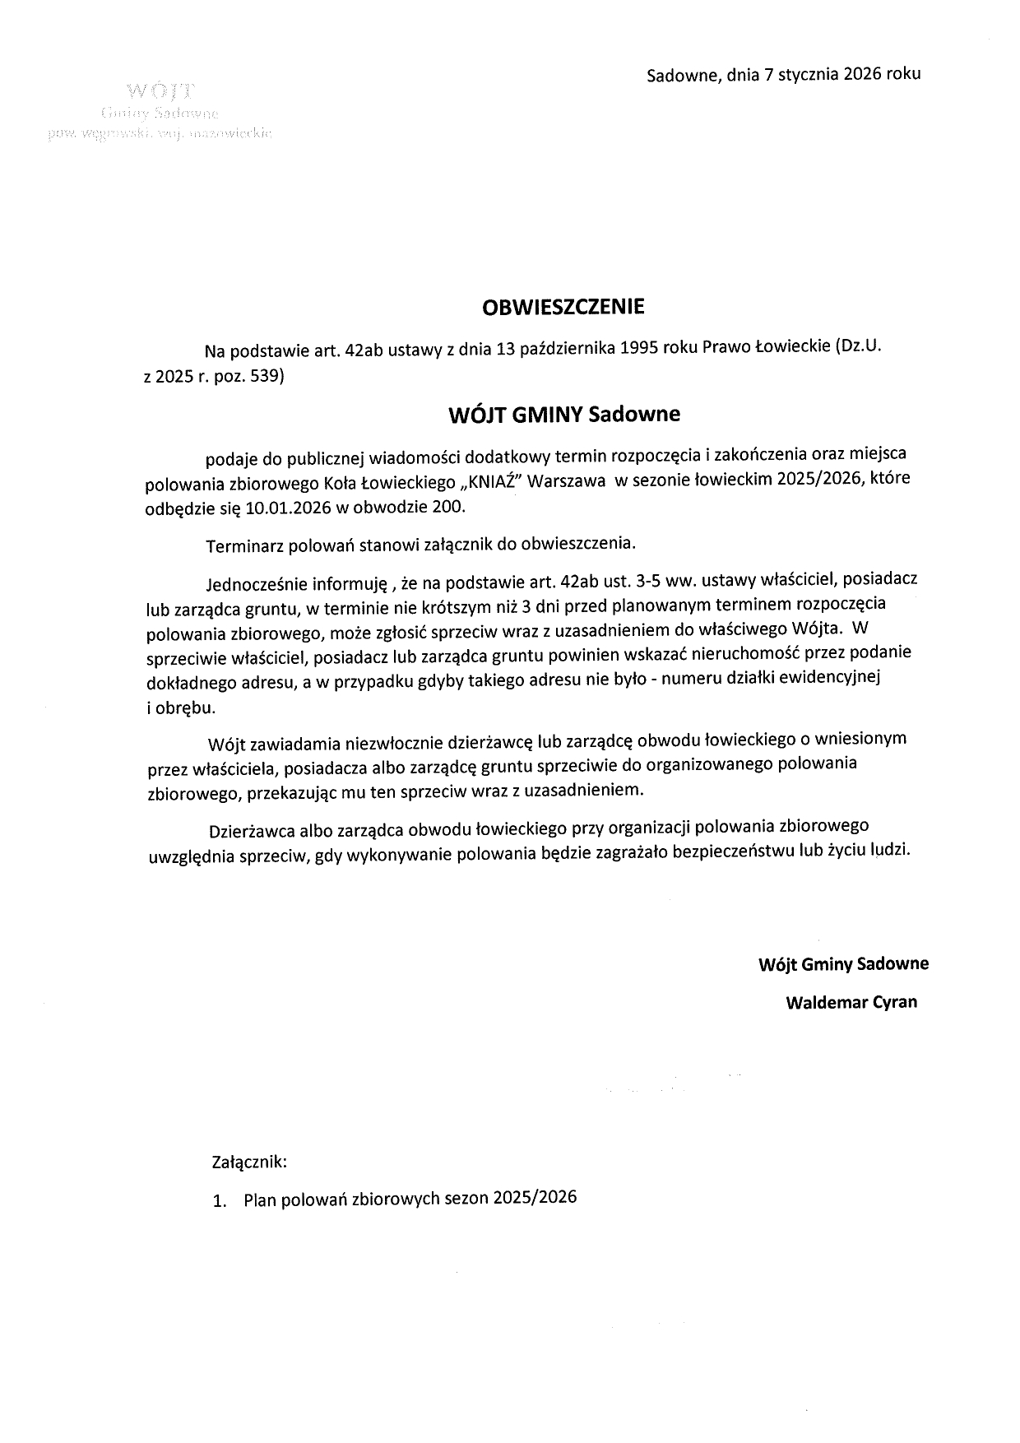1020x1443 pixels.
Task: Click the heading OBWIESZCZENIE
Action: pos(563,307)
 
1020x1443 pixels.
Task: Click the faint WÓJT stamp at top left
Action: pos(161,89)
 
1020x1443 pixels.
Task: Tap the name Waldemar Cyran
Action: pos(851,1002)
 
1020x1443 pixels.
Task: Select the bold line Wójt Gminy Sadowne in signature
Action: pos(843,963)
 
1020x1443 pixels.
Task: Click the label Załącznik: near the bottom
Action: pos(249,1162)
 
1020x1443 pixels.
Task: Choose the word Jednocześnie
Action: pos(255,585)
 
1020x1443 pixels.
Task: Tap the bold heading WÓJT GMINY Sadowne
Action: pos(563,414)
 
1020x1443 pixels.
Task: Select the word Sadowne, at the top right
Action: pos(684,75)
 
